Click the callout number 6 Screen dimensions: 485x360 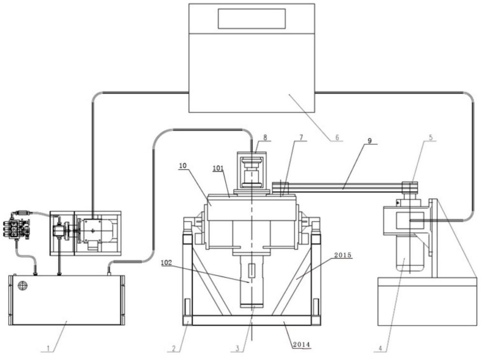click(337, 137)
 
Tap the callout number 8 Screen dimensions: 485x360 click(265, 137)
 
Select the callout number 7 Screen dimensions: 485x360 click(301, 137)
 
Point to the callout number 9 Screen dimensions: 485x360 click(370, 141)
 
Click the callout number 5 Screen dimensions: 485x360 click(431, 137)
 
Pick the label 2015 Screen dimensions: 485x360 click(343, 255)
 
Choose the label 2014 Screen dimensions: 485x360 click(301, 344)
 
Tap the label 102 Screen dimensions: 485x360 click(167, 262)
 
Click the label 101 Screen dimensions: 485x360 click(218, 168)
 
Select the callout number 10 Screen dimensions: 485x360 click(183, 165)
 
